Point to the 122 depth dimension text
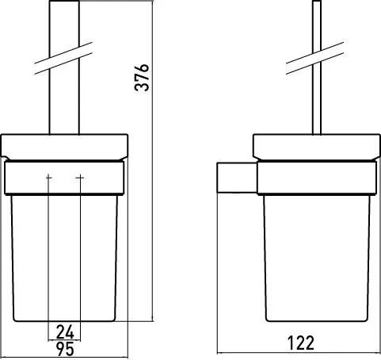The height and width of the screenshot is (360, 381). tap(300, 343)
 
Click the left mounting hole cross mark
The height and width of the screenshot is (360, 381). tap(49, 175)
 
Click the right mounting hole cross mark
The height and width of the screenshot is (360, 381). tap(80, 175)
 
